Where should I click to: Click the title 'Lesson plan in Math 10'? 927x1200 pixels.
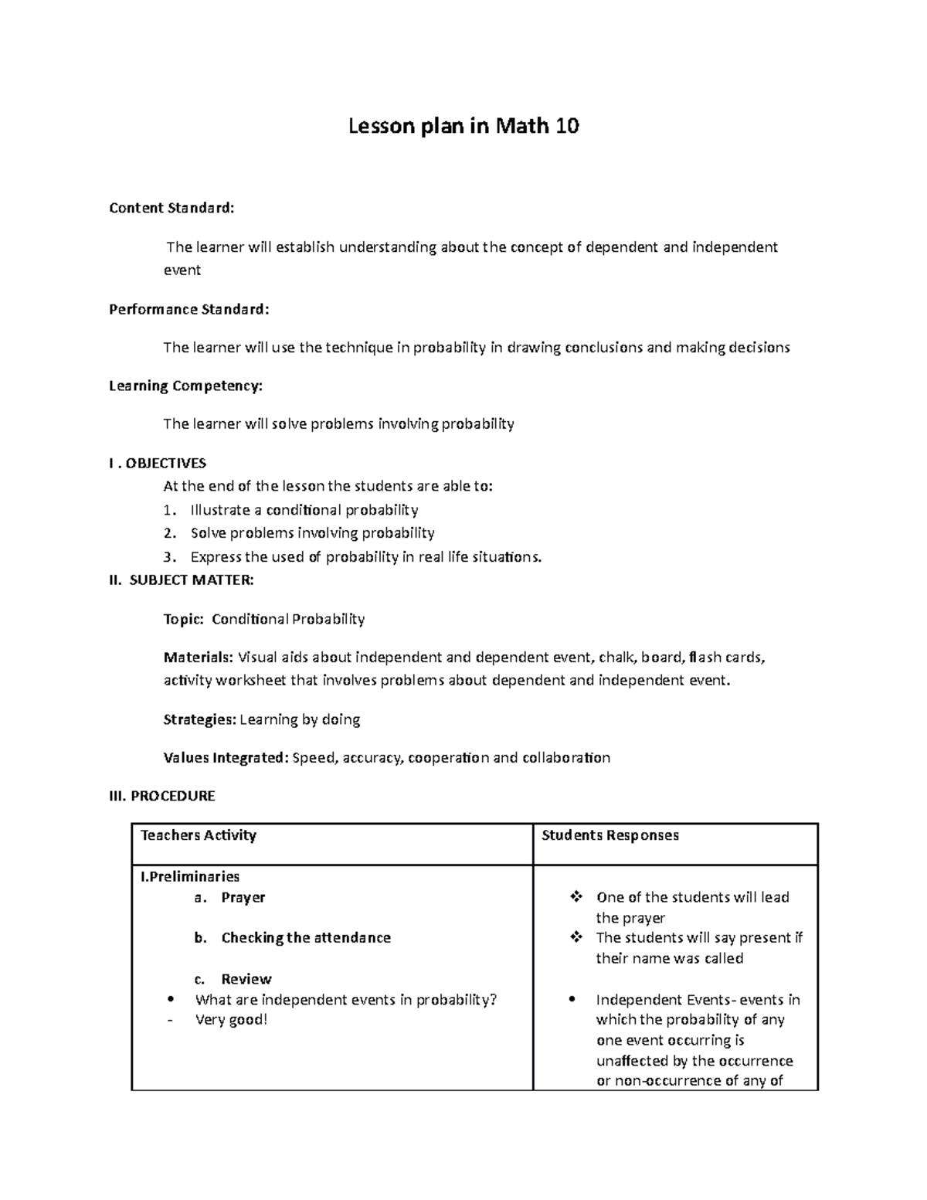tap(463, 126)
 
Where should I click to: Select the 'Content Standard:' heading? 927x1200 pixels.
tap(171, 208)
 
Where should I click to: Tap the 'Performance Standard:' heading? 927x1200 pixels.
tap(189, 309)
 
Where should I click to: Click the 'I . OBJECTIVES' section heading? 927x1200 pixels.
tap(158, 463)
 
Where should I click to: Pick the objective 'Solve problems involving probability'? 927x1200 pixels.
tap(312, 533)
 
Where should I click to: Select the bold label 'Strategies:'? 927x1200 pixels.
tap(199, 719)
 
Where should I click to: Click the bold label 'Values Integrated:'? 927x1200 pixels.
tap(226, 758)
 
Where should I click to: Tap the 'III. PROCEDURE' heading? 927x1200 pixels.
tap(162, 796)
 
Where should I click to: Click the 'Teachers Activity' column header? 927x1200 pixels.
tap(198, 835)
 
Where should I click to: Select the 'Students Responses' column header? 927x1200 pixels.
tap(610, 835)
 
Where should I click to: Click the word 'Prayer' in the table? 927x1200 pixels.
tap(243, 898)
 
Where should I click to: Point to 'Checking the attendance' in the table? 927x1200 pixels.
tap(305, 938)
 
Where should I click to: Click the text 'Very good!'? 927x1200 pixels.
tap(231, 1020)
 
